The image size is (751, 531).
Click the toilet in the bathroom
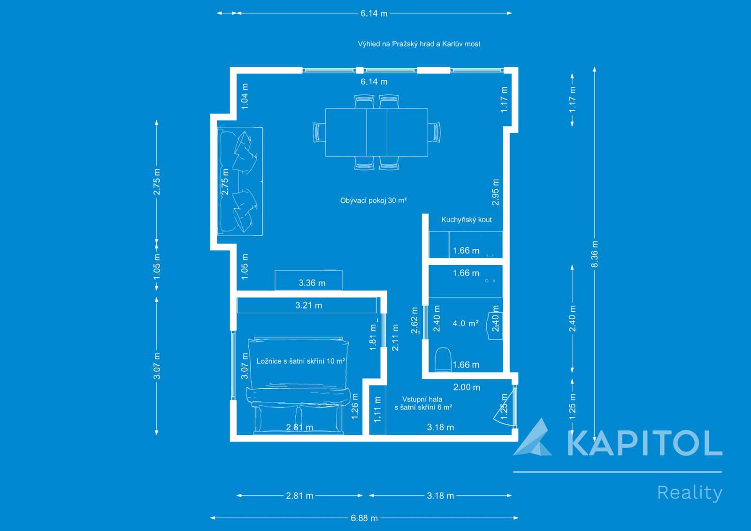pos(443,360)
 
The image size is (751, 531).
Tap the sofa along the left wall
pos(240,182)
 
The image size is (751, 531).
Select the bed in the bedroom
pos(298,386)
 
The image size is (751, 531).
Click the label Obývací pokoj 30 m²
pos(373,200)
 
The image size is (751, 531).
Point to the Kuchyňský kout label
pos(467,220)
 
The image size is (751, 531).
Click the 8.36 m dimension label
pos(594,254)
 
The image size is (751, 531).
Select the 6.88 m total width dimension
pos(364,518)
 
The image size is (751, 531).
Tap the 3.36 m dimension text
pos(312,283)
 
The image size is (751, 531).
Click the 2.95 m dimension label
pos(496,192)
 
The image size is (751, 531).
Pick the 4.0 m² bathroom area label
pos(465,323)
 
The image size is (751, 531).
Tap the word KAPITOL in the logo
pos(644,443)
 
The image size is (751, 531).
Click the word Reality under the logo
pos(690,493)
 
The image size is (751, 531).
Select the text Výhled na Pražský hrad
pos(396,44)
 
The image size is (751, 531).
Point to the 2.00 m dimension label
pos(467,387)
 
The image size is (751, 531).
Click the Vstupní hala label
pos(422,399)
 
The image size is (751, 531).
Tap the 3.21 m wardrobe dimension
pos(308,305)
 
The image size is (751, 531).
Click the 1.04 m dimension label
pos(245,96)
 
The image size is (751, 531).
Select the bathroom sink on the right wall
pos(495,326)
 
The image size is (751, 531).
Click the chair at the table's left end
pos(319,132)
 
